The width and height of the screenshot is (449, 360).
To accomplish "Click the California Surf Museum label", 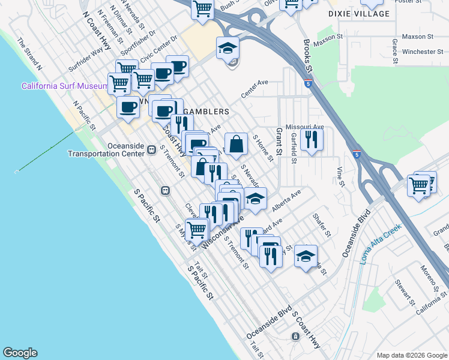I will tap(64, 86).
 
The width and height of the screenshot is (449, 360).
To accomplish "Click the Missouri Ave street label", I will tap(304, 127).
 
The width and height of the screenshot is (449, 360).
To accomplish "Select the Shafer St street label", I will tap(322, 224).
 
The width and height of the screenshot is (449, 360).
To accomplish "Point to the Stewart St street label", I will tap(406, 290).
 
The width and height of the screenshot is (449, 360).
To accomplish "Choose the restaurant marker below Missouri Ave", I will tap(312, 139).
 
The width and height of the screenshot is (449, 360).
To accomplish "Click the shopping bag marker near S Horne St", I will tap(237, 144).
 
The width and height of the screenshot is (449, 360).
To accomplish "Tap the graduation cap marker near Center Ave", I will tap(228, 48).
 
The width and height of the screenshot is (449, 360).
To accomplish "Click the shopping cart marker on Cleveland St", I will tap(196, 229).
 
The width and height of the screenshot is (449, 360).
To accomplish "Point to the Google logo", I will tap(20, 353).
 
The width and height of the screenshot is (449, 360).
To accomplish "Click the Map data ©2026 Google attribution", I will tap(412, 355).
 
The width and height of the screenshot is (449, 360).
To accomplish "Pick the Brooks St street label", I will tap(308, 56).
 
